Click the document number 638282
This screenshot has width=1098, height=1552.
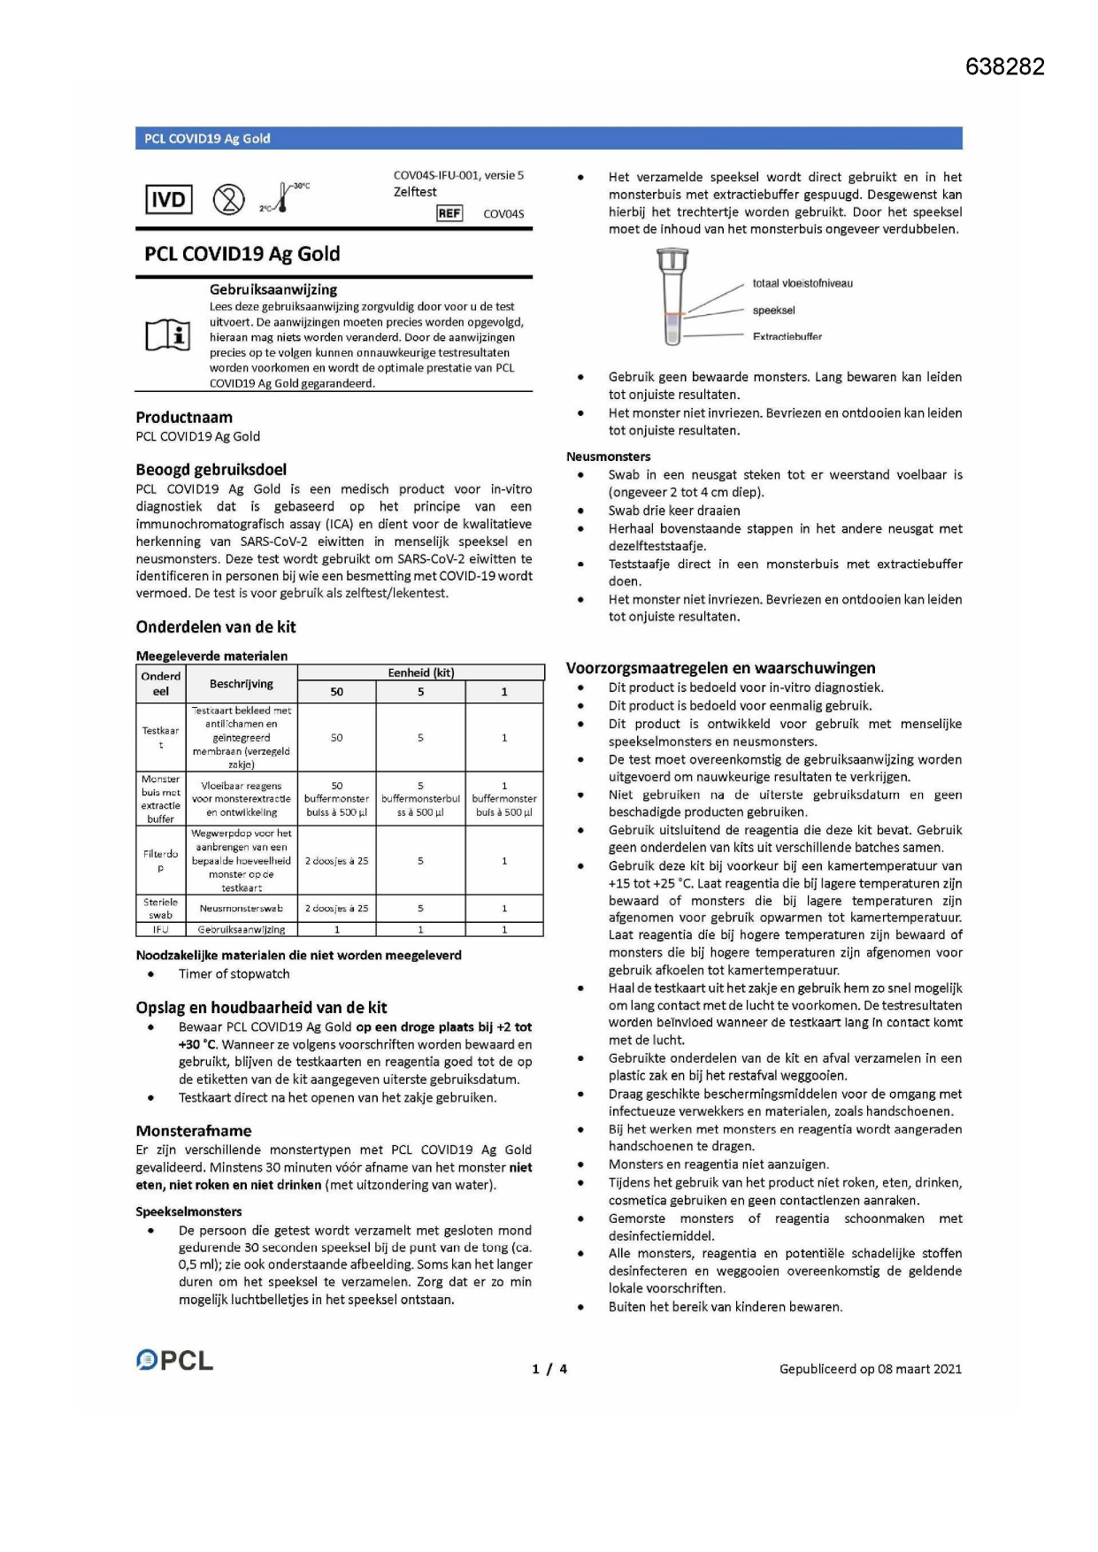coord(1004,66)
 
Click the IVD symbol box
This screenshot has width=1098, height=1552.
coord(168,200)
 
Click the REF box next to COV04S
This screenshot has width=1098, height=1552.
coord(449,213)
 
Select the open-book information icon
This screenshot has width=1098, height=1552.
coord(168,335)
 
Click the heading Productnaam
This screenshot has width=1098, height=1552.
coord(184,418)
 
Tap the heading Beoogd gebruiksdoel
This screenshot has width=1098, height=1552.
coord(211,470)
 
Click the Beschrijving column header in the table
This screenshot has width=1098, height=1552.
coord(241,684)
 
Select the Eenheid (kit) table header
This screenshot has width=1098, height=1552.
coord(420,672)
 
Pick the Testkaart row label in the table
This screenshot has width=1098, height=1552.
coord(160,737)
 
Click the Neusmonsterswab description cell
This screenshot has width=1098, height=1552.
coord(241,908)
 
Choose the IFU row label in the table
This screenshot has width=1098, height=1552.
coord(160,930)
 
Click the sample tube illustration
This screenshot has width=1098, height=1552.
coord(672,296)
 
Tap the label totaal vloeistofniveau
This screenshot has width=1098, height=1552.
coord(802,283)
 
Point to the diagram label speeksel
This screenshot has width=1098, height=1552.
coord(773,311)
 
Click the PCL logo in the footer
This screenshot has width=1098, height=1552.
coord(174,1360)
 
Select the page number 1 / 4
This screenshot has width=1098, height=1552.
coord(549,1369)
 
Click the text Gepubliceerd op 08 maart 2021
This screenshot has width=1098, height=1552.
coord(870,1369)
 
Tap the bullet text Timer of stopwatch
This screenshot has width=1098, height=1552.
coord(234,974)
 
